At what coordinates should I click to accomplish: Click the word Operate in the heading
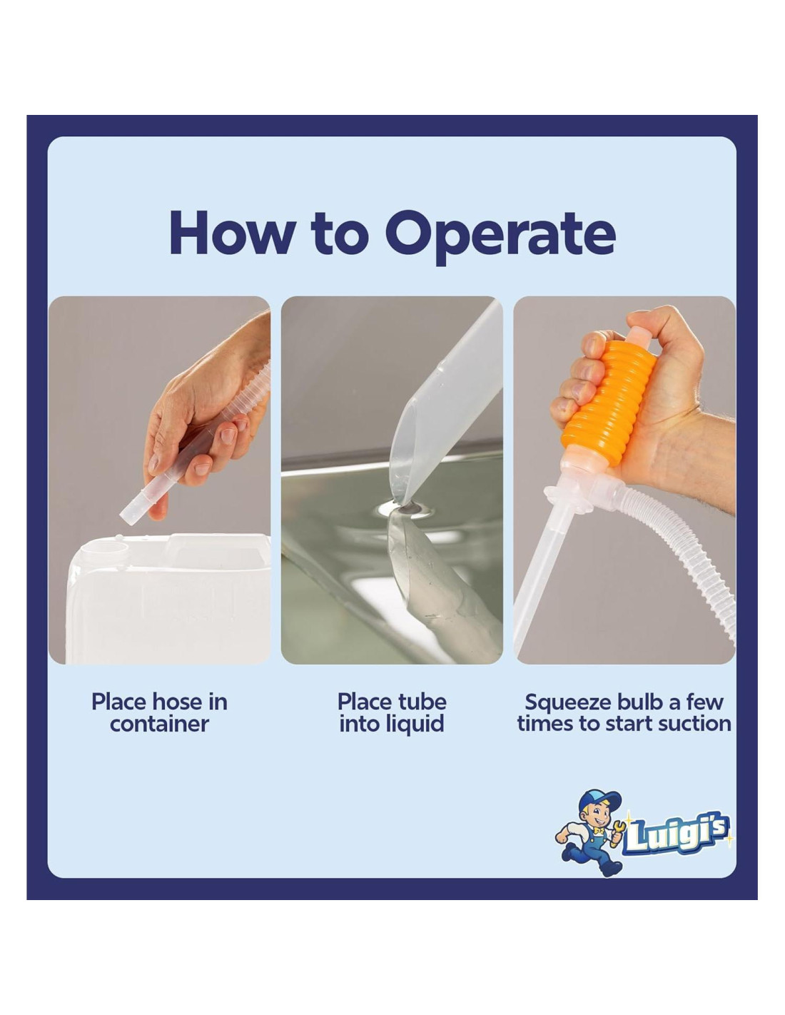pyautogui.click(x=500, y=236)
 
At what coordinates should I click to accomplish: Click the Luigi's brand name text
pyautogui.click(x=677, y=834)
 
